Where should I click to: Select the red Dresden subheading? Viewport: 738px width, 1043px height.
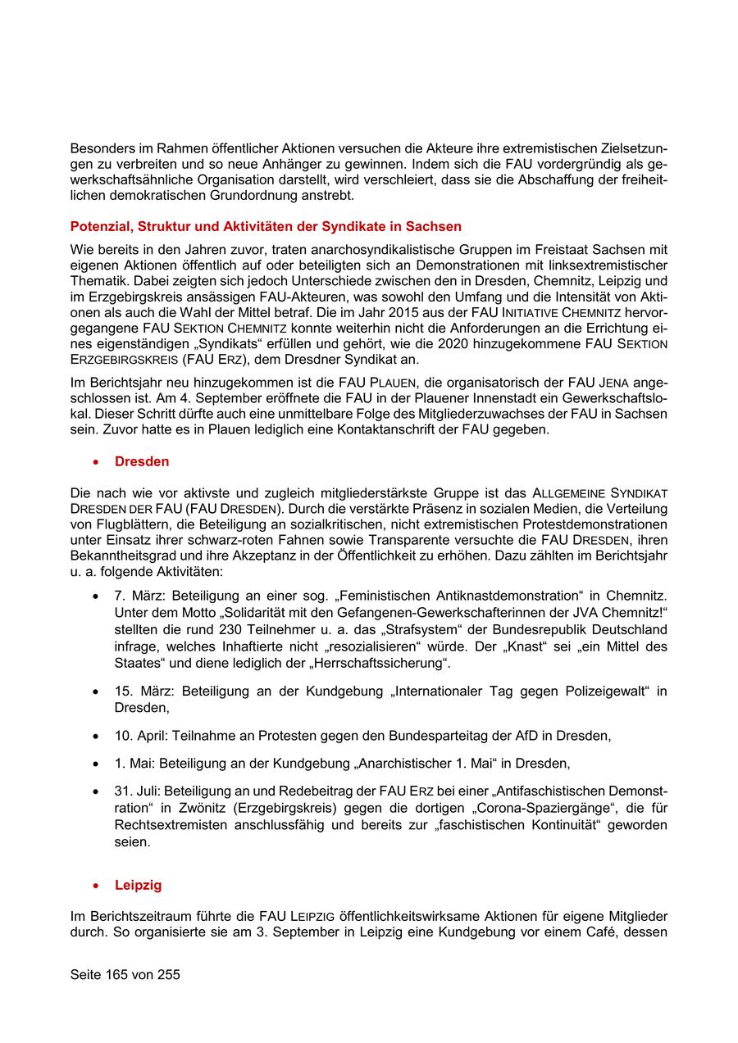(x=142, y=461)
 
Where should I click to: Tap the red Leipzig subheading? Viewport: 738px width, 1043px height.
(x=139, y=885)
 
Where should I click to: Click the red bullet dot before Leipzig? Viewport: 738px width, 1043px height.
(x=98, y=886)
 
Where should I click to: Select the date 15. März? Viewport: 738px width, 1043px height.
(x=140, y=692)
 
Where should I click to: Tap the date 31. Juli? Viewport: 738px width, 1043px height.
(x=136, y=791)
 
